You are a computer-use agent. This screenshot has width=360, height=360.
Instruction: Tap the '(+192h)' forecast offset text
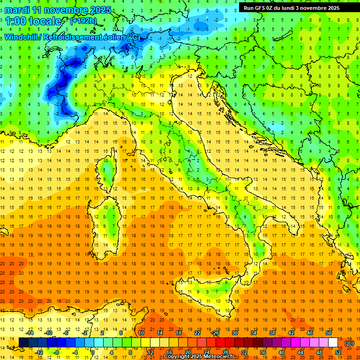click(83, 21)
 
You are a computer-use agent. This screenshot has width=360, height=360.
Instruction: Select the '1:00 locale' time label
click(33, 21)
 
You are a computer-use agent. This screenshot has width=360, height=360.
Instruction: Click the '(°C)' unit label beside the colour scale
click(349, 343)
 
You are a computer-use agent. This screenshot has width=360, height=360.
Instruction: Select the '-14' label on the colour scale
click(30, 332)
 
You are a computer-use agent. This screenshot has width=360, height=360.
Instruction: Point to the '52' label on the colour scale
click(338, 352)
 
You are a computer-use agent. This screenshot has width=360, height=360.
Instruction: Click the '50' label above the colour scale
click(329, 332)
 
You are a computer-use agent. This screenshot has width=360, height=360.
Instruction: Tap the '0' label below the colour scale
click(93, 352)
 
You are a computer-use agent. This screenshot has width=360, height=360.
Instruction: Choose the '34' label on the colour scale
click(254, 332)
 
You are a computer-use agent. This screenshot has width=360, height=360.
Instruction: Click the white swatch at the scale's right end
click(333, 342)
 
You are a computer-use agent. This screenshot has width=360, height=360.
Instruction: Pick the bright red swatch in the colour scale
click(220, 342)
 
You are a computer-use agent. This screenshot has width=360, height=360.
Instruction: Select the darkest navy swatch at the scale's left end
click(23, 342)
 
